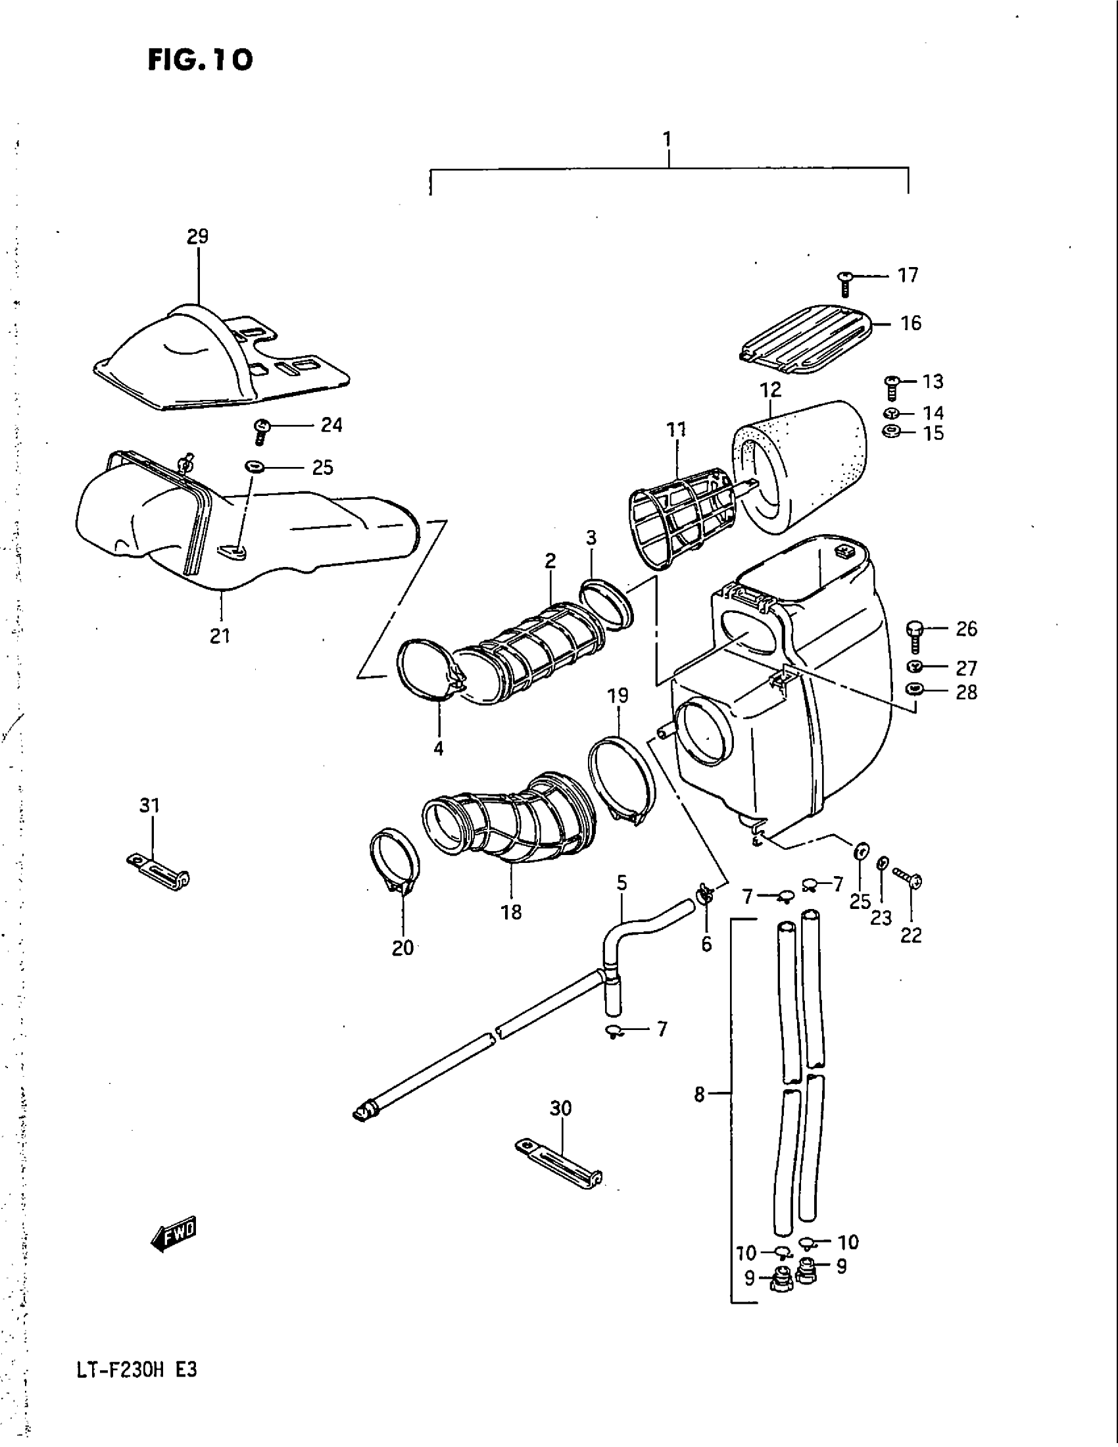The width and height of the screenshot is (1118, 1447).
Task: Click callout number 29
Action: coord(197,236)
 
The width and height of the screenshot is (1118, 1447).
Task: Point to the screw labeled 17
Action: coord(844,283)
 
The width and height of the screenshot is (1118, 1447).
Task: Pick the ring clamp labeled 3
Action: coord(607,604)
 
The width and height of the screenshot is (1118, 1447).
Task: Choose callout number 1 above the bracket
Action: coord(668,139)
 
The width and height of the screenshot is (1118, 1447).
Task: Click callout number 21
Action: coord(220,636)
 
